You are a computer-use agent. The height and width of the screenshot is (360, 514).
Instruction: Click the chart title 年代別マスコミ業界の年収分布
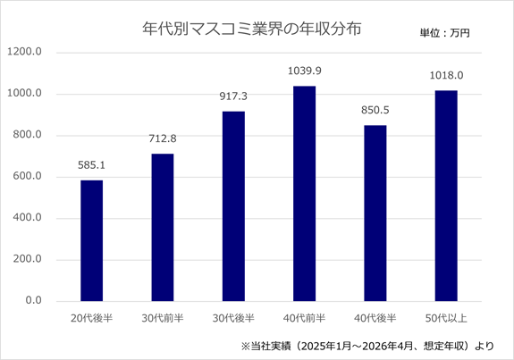[x=252, y=29]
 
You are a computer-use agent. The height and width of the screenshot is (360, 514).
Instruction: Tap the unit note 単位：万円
[x=445, y=33]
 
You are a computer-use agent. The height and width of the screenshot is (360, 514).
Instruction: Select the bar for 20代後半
[x=92, y=241]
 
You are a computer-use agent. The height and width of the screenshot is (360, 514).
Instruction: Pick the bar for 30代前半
[x=163, y=227]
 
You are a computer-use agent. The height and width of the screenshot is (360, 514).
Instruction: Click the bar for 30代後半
[x=233, y=206]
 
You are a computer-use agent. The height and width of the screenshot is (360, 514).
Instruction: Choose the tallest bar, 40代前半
[x=305, y=194]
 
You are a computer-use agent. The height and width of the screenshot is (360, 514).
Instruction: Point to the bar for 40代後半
[x=375, y=213]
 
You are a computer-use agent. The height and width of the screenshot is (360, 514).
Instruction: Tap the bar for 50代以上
[x=446, y=196]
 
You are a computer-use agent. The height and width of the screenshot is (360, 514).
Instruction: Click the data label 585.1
[x=91, y=165]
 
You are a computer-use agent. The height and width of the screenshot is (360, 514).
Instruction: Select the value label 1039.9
[x=305, y=71]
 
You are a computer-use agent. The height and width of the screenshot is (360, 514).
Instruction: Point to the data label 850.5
[x=375, y=111]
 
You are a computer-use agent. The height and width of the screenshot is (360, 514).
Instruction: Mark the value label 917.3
[x=233, y=96]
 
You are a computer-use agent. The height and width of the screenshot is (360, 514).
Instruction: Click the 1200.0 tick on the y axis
[x=25, y=52]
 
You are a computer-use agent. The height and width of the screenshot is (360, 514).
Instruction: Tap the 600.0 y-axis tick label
[x=27, y=176]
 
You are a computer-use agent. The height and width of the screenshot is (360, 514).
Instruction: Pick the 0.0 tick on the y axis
[x=33, y=300]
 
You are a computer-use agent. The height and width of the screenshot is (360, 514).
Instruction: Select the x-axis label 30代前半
[x=163, y=318]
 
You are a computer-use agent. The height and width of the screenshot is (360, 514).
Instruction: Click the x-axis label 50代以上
[x=446, y=318]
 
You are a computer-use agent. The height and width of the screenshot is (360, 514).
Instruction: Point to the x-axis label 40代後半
[x=375, y=318]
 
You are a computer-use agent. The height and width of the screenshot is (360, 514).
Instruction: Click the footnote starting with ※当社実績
[x=367, y=346]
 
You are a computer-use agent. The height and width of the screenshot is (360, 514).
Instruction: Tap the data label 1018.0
[x=446, y=76]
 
